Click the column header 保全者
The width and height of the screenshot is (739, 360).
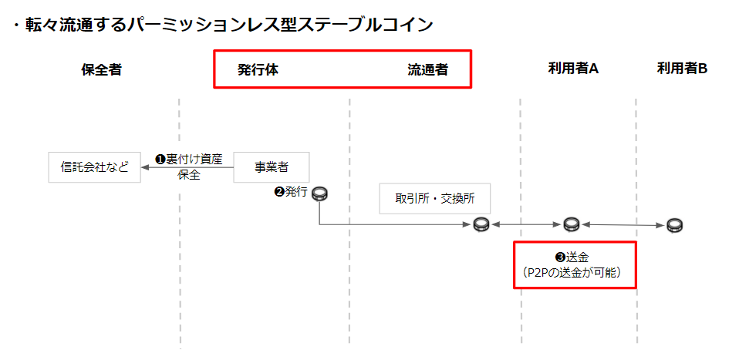coord(101,69)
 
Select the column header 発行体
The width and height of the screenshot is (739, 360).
coord(258,69)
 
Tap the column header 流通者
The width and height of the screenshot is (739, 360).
coord(427,69)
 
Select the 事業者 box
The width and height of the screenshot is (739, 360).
coord(272,167)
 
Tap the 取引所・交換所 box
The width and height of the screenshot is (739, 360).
coord(435,198)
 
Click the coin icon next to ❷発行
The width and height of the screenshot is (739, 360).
coord(320,193)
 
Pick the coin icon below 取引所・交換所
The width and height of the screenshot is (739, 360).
coord(481,224)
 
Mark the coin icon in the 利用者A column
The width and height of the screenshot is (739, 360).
coord(571,224)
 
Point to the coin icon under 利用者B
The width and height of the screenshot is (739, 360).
coord(675,225)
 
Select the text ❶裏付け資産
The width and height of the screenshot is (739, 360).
coord(189,160)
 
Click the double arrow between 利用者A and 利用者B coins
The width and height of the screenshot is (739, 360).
coord(623,225)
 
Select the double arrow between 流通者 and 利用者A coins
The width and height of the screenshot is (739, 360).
coord(526,224)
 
